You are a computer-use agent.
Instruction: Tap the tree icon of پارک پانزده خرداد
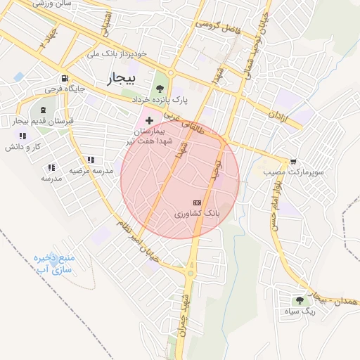tap(160, 89)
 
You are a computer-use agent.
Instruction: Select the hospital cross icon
tap(149, 121)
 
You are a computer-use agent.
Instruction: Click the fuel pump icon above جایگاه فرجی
tap(65, 79)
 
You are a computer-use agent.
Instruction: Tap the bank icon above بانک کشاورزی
tap(196, 202)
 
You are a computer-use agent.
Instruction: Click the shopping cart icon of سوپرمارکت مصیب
tap(293, 161)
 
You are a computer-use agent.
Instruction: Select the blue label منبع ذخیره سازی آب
tap(54, 264)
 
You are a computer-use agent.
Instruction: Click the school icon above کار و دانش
tap(23, 136)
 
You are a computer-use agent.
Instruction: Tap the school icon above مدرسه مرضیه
tap(90, 160)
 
